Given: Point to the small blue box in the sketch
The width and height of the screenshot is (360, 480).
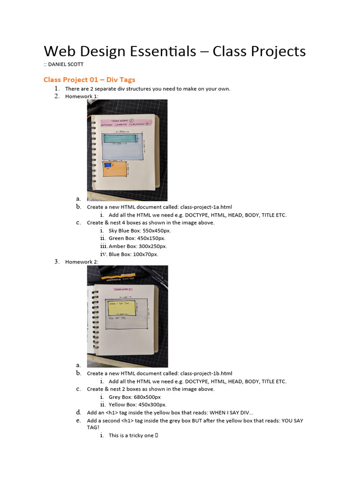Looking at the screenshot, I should [x=108, y=165].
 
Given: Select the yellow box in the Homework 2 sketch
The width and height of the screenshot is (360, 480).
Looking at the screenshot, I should [x=121, y=308].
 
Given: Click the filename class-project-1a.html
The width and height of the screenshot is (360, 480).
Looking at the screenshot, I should [x=206, y=207].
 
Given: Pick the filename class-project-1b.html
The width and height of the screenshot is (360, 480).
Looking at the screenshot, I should [x=206, y=373].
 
